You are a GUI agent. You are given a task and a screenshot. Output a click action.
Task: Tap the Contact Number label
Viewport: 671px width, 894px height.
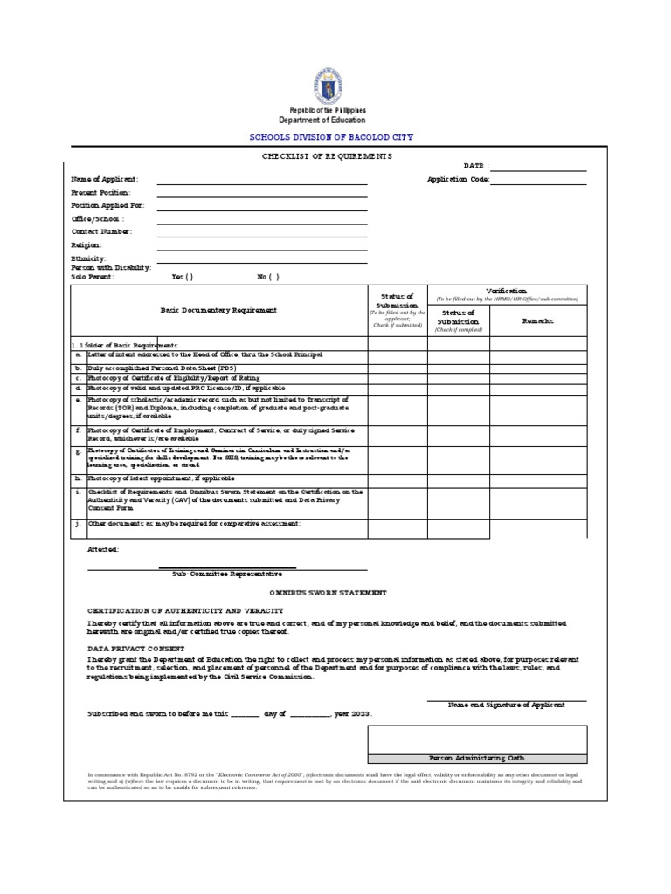tap(101, 231)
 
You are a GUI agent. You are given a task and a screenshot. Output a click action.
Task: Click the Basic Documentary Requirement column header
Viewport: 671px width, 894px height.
tap(218, 310)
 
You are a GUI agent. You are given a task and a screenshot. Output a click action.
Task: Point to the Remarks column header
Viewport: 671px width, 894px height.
tap(538, 321)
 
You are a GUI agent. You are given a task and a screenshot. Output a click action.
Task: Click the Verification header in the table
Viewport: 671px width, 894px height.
tap(506, 291)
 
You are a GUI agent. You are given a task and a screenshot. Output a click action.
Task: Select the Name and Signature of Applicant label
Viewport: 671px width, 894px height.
tap(506, 705)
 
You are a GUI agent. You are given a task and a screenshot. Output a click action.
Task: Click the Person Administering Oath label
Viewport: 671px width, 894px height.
tap(477, 758)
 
